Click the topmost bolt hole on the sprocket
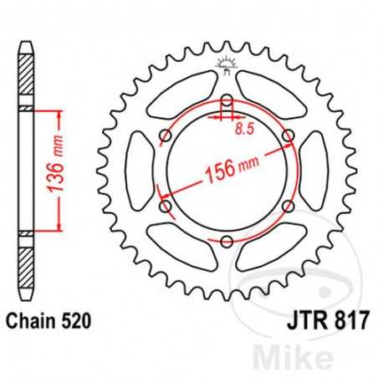tap(227, 102)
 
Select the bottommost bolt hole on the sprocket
tap(227, 242)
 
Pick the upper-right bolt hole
tap(289, 136)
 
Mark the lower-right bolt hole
tap(289, 207)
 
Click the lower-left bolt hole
tap(166, 207)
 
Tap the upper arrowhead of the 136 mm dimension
tap(58, 113)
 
